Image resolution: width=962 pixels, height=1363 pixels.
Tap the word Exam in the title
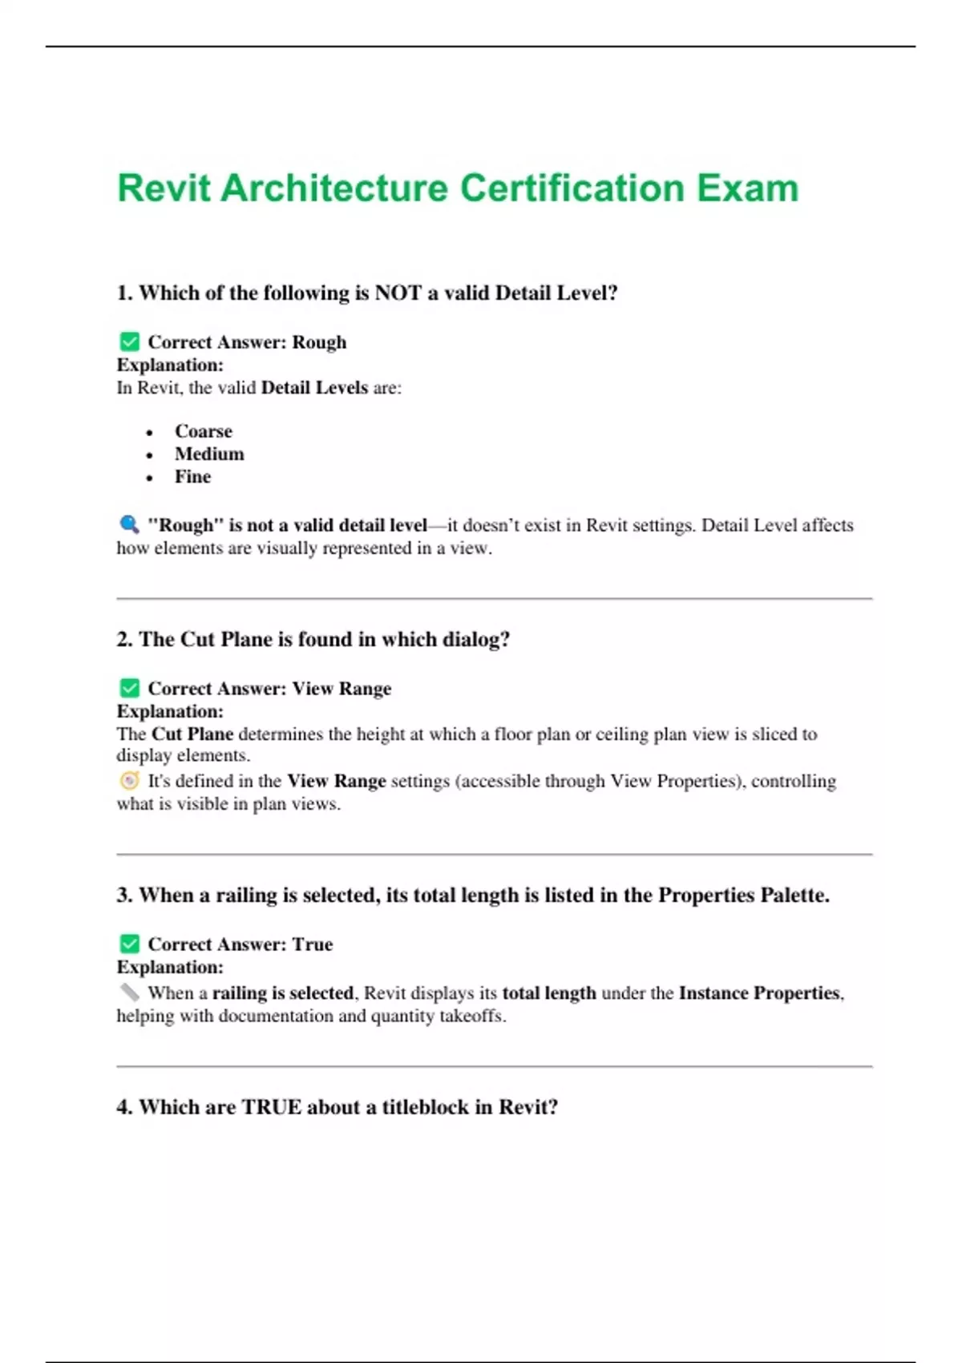pyautogui.click(x=747, y=188)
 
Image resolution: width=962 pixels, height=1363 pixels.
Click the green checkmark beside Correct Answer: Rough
pyautogui.click(x=129, y=342)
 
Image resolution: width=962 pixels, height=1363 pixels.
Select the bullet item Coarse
pyautogui.click(x=204, y=431)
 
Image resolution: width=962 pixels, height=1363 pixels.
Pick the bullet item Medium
pyautogui.click(x=209, y=454)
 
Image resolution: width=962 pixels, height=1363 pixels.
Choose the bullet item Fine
pyautogui.click(x=193, y=477)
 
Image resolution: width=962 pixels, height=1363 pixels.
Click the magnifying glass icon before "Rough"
pyautogui.click(x=129, y=524)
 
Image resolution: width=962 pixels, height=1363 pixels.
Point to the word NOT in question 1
pyautogui.click(x=398, y=293)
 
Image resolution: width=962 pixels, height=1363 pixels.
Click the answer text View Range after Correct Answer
pyautogui.click(x=342, y=689)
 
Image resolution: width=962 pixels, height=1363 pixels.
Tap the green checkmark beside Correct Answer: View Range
pyautogui.click(x=129, y=689)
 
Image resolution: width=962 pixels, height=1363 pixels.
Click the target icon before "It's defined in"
pyautogui.click(x=129, y=781)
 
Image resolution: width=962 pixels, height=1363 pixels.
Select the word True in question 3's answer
pyautogui.click(x=313, y=944)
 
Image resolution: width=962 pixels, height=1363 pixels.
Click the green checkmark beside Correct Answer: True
pyautogui.click(x=129, y=944)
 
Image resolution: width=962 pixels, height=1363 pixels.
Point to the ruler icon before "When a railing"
pyautogui.click(x=129, y=993)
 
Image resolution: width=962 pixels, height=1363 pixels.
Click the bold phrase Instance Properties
pyautogui.click(x=759, y=993)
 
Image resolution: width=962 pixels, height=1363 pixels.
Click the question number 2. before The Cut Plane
pyautogui.click(x=124, y=640)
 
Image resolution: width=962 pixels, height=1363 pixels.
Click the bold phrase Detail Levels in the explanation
pyautogui.click(x=314, y=388)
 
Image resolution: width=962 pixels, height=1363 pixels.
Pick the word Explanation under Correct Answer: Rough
pyautogui.click(x=170, y=366)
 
